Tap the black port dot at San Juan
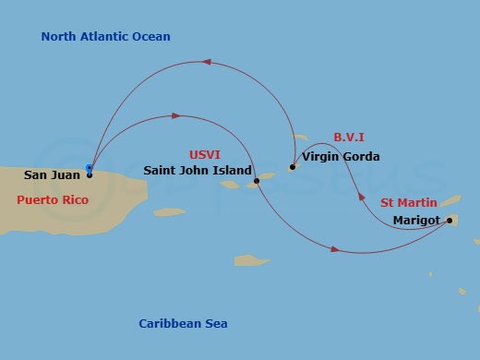[90, 174]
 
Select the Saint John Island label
[198, 171]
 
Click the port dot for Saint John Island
[257, 181]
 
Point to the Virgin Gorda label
[341, 157]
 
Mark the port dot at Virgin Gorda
[292, 167]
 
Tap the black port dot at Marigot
[450, 221]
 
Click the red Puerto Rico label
[53, 199]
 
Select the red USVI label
[205, 154]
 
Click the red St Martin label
[409, 201]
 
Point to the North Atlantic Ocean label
[106, 37]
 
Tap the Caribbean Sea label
[183, 324]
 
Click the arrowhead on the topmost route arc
[207, 63]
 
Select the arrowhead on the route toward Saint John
[175, 116]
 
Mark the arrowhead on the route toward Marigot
[335, 249]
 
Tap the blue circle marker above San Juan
[90, 168]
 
